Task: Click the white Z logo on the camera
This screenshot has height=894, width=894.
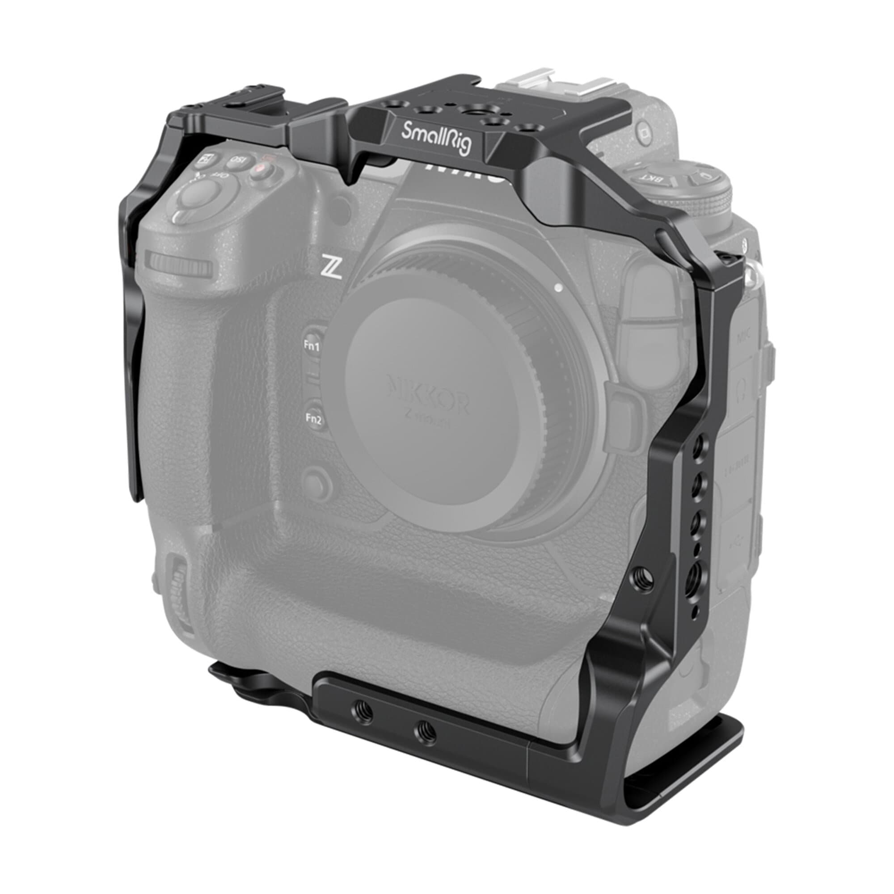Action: point(333,271)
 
